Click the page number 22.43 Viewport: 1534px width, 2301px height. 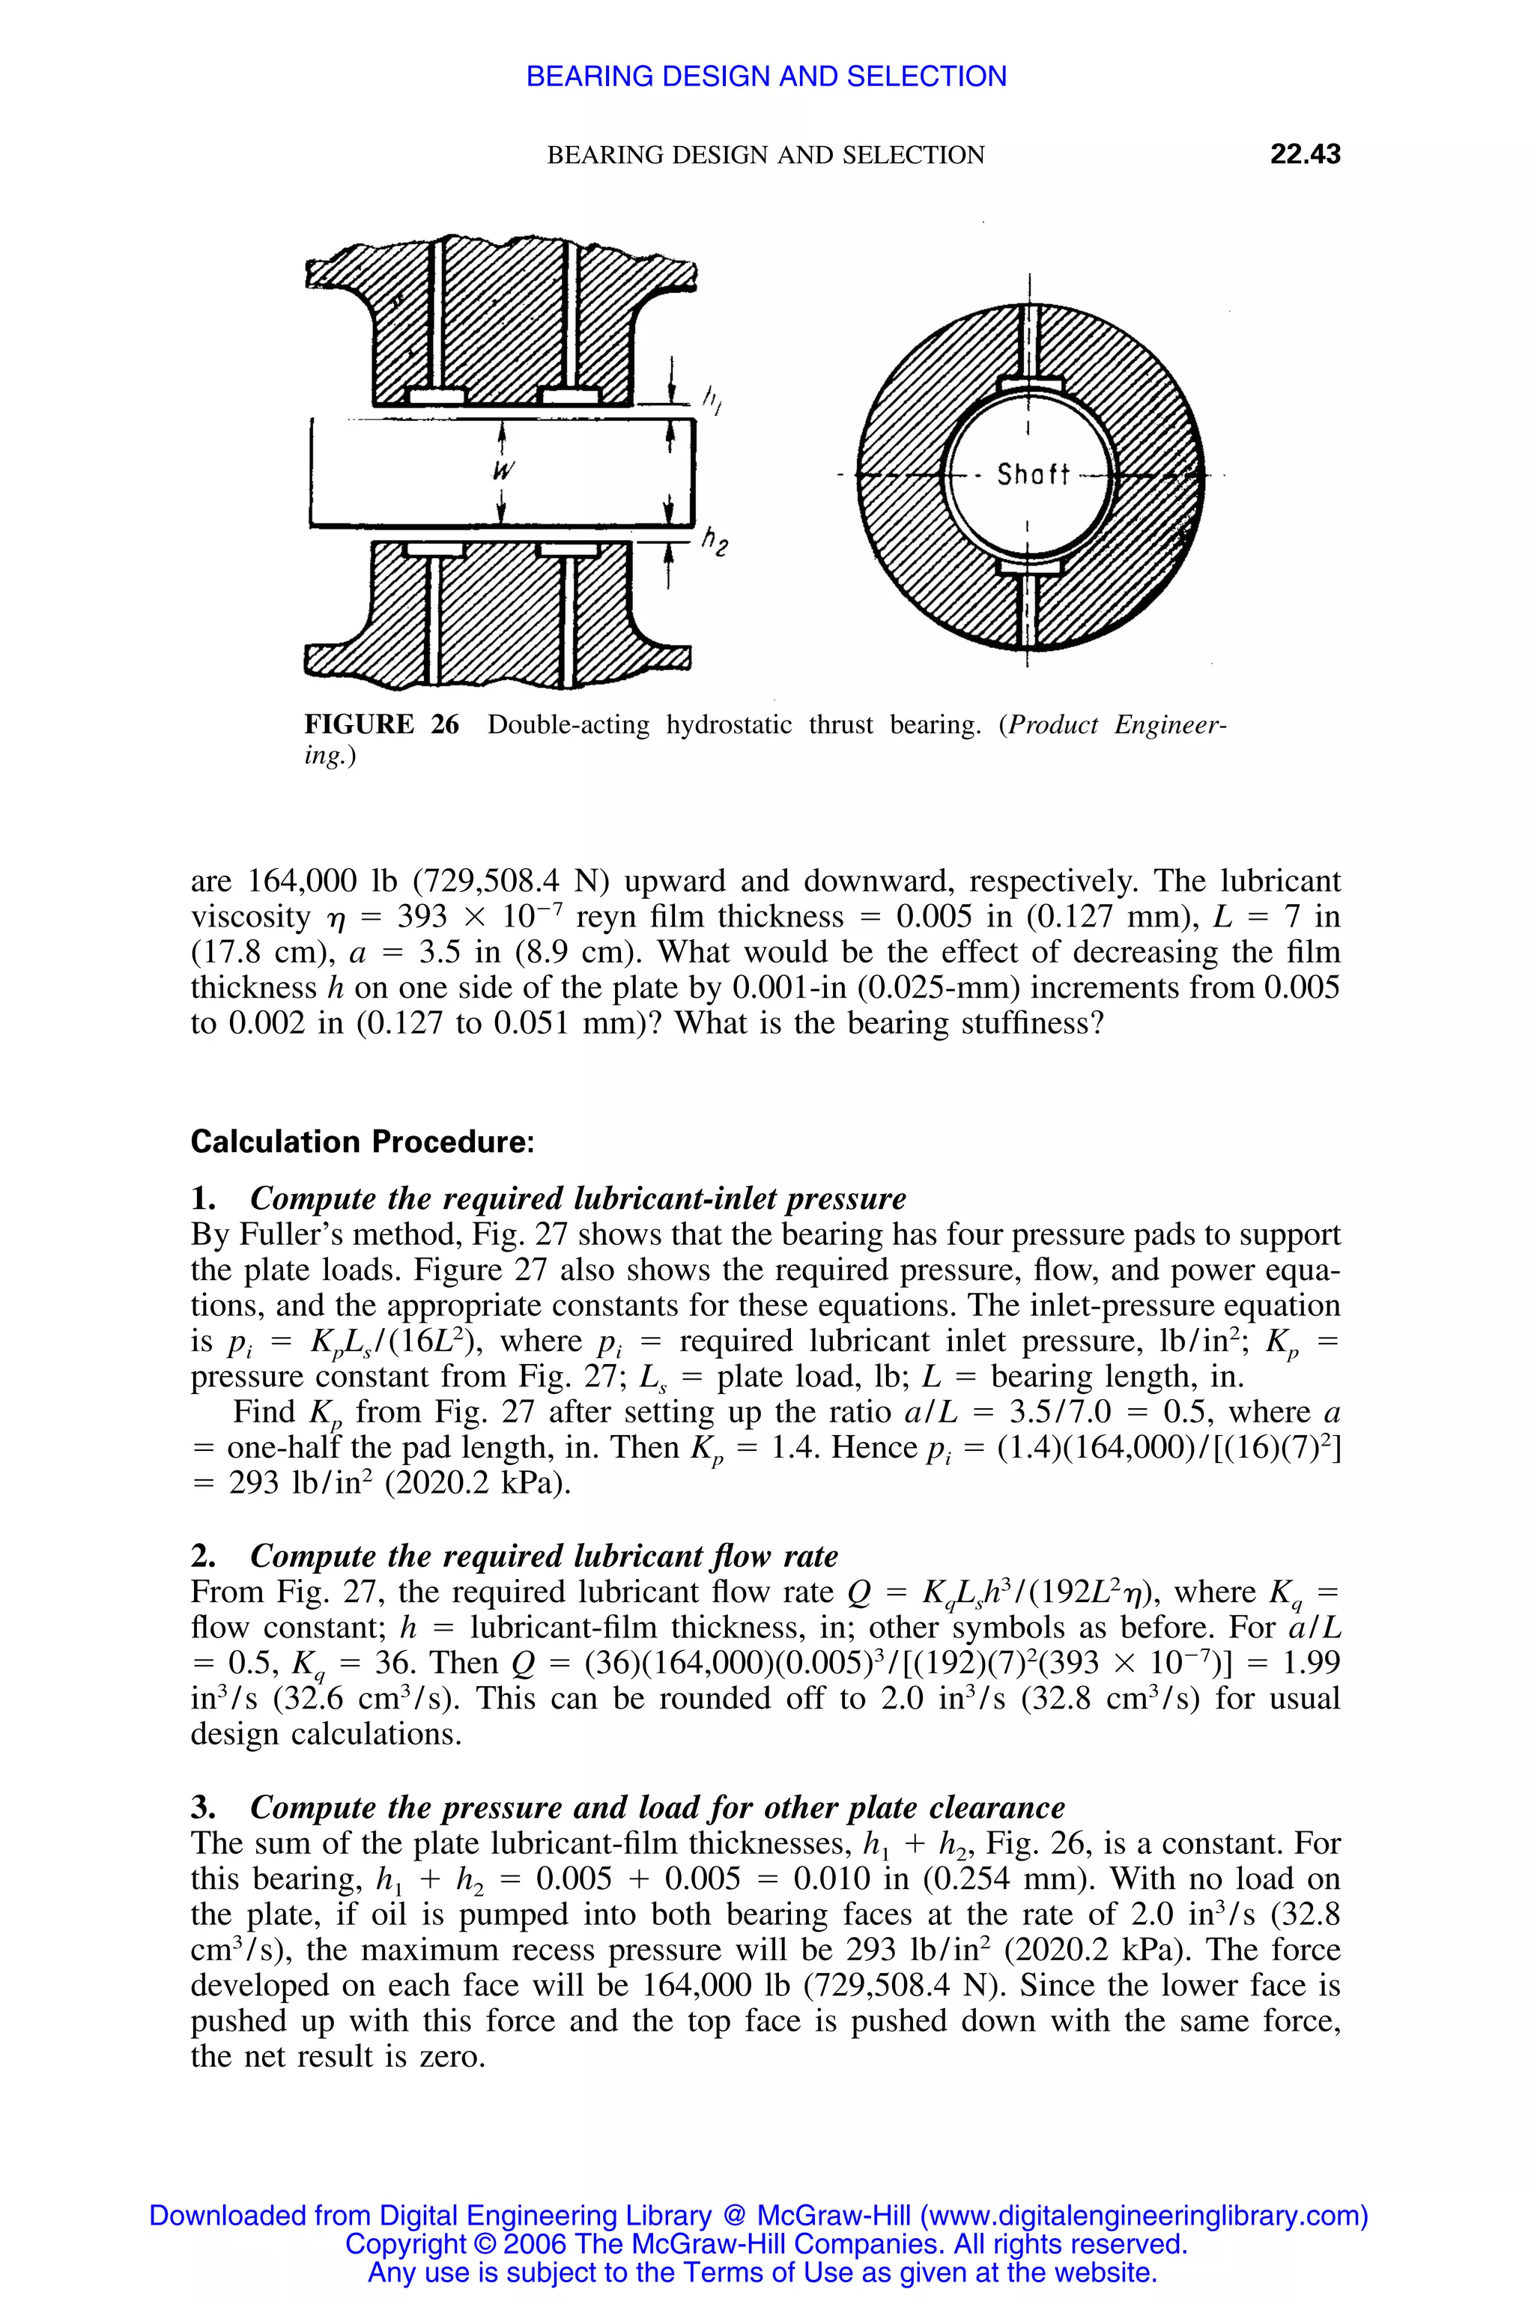(x=1304, y=154)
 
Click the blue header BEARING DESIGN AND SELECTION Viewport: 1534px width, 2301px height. (x=766, y=76)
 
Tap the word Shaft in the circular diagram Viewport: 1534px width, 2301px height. (x=1032, y=476)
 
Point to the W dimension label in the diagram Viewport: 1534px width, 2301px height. (x=503, y=470)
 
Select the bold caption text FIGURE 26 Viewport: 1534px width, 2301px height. (x=381, y=725)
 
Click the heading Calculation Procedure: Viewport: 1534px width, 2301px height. (x=362, y=1142)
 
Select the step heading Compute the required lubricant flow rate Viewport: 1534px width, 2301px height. (x=544, y=1556)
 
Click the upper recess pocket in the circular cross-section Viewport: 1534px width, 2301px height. (x=1029, y=383)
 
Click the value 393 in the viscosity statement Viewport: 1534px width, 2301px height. (x=422, y=917)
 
